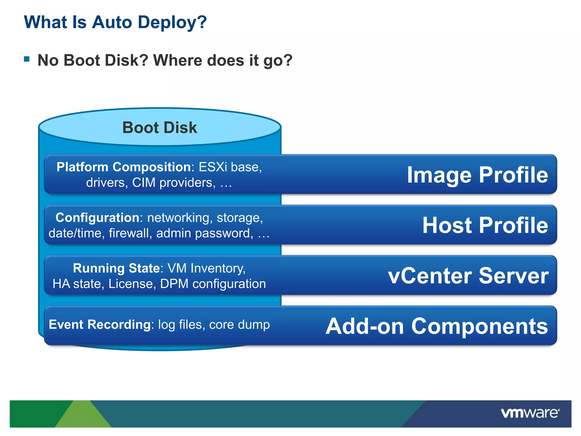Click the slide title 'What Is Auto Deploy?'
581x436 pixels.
tap(115, 22)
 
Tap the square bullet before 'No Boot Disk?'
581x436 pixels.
tap(27, 59)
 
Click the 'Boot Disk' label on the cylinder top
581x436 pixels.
tap(159, 127)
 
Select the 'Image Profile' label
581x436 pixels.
tap(477, 175)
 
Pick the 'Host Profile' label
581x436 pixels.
tap(485, 225)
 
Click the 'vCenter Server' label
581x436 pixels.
tap(468, 276)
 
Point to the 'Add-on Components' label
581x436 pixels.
tap(437, 326)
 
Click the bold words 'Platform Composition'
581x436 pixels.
tap(123, 167)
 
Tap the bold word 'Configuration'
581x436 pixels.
tap(97, 218)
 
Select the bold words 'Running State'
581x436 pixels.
tap(116, 268)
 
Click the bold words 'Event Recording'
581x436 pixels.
tap(100, 324)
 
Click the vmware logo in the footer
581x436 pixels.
tap(530, 413)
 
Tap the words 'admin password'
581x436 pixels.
tap(204, 233)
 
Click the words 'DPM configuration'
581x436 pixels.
tap(213, 284)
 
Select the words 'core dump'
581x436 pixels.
tap(239, 324)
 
